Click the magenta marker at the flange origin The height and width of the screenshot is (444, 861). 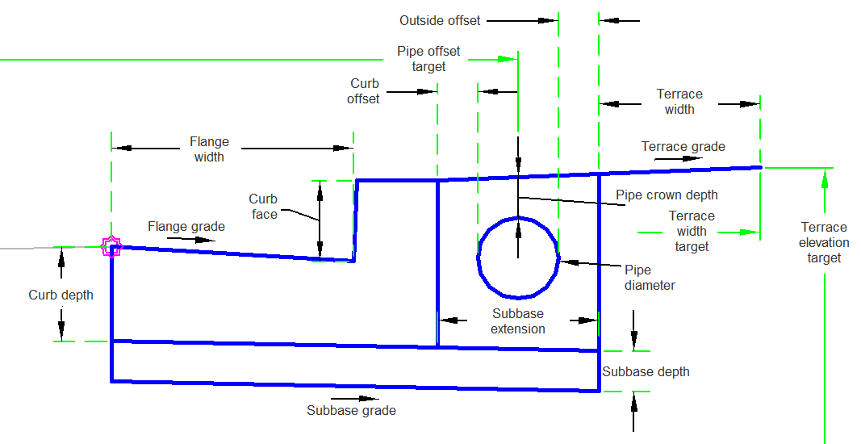[111, 246]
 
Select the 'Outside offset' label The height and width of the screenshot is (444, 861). [440, 20]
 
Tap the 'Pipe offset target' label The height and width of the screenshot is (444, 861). [428, 59]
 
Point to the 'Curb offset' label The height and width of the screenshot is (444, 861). [364, 91]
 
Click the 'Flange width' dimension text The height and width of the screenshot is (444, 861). [209, 149]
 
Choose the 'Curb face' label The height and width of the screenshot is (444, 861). [263, 207]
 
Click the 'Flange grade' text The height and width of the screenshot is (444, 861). [186, 227]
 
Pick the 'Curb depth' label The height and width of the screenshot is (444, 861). [61, 295]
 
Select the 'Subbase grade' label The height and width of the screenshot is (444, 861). [351, 410]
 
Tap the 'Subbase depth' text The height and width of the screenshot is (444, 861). [646, 372]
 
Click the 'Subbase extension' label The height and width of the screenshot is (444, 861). [517, 321]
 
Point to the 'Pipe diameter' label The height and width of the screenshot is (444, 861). [650, 277]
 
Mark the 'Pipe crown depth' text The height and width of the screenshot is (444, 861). [667, 195]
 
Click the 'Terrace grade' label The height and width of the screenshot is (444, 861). [683, 147]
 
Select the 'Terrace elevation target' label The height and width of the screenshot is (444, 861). [824, 242]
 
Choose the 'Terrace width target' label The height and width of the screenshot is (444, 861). [692, 231]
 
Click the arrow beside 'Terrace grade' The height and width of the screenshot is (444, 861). [679, 159]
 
